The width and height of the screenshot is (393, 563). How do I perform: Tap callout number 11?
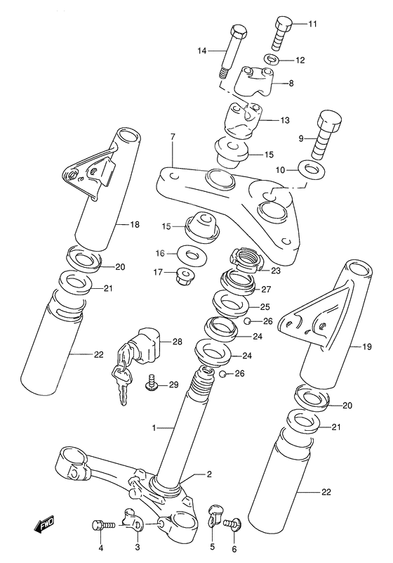(312, 25)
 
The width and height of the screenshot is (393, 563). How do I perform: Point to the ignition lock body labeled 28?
(149, 344)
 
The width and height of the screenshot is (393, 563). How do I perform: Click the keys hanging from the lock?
(121, 380)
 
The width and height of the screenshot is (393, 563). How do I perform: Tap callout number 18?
(136, 225)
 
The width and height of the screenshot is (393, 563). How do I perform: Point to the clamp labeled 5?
(215, 521)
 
